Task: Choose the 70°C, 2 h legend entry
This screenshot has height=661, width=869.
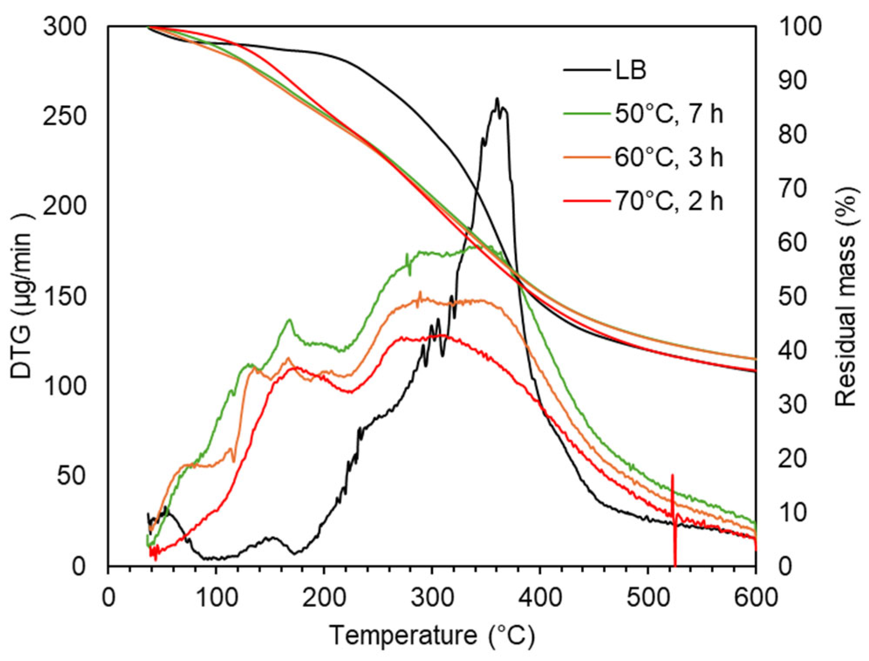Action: (x=668, y=201)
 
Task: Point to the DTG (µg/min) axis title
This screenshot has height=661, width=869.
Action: (x=22, y=296)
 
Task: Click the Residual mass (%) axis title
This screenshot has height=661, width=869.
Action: (x=846, y=296)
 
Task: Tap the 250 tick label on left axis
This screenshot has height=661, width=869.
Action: (x=65, y=116)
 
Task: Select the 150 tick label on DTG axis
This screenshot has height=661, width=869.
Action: (x=65, y=296)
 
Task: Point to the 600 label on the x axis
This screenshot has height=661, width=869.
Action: (x=756, y=597)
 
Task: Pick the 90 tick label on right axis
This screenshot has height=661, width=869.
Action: (x=792, y=81)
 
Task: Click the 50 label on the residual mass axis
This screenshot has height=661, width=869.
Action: (x=792, y=296)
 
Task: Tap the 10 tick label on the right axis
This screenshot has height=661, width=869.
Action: (x=792, y=512)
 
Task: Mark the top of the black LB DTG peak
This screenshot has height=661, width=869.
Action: (x=497, y=99)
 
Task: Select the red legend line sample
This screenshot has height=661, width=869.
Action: (x=586, y=201)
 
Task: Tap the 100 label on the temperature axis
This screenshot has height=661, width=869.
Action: (x=216, y=597)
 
